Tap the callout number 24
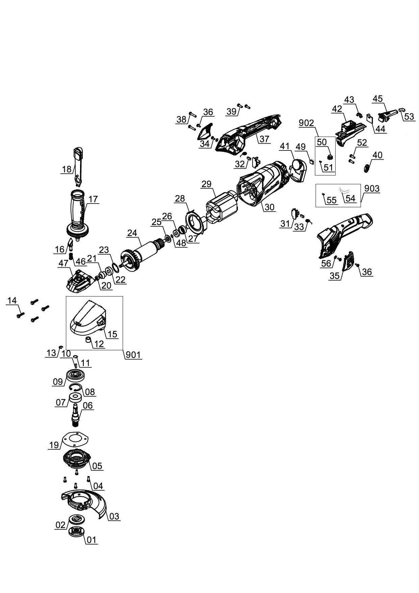pyautogui.click(x=132, y=233)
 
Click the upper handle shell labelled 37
pyautogui.click(x=250, y=132)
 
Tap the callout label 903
pyautogui.click(x=372, y=189)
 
